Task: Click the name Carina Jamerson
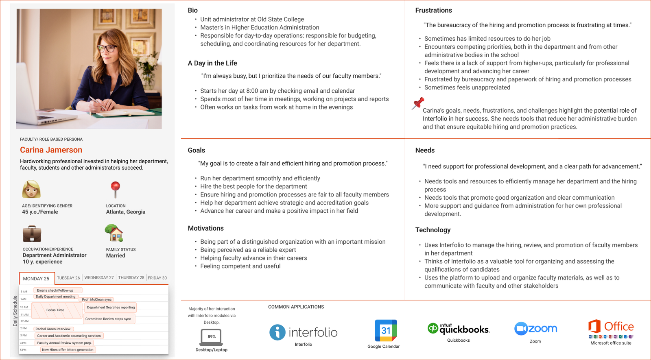[x=51, y=150]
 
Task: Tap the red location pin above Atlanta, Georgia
[x=116, y=189]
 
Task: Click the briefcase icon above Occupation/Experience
[x=32, y=233]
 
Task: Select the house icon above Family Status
[x=114, y=233]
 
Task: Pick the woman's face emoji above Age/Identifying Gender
[x=31, y=189]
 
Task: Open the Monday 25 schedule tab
[x=36, y=279]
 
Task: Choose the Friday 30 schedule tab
[x=157, y=278]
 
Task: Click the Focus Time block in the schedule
[x=55, y=310]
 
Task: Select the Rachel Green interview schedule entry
[x=53, y=329]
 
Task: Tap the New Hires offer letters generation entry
[x=68, y=350]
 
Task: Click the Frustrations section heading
[x=433, y=11]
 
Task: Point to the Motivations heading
[x=205, y=229]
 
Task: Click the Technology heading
[x=433, y=230]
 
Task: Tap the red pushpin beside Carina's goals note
[x=417, y=103]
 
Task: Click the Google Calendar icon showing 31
[x=385, y=330]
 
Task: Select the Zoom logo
[x=535, y=328]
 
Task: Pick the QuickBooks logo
[x=459, y=329]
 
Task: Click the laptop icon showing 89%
[x=211, y=337]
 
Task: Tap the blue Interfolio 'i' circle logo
[x=277, y=332]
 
